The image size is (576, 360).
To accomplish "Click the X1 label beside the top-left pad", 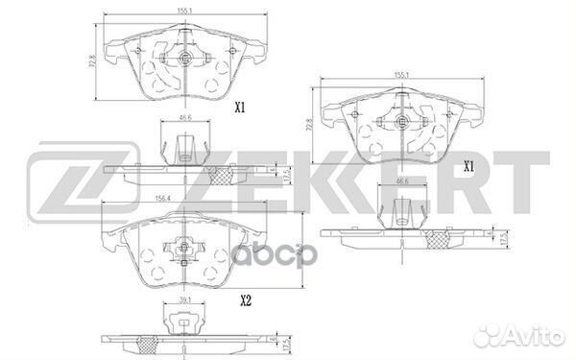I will coord(240,109).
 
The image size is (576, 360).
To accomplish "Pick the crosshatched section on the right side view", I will coord(439,233).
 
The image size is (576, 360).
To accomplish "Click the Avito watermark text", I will coord(531,335).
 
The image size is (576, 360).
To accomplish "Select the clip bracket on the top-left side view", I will coord(188,146).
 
